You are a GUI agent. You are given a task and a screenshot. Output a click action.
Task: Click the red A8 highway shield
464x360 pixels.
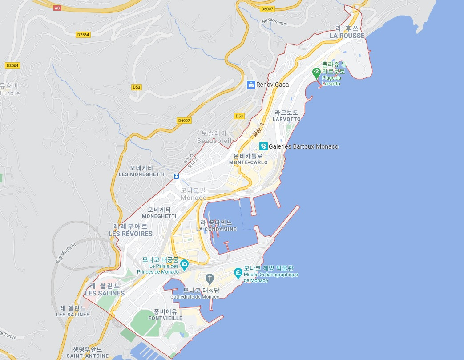click(x=56, y=8)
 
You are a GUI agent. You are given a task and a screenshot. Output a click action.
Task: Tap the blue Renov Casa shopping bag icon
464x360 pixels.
click(x=251, y=85)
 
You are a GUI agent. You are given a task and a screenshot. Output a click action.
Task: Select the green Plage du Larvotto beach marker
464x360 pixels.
click(x=316, y=71)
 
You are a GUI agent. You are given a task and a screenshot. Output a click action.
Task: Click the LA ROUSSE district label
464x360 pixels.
click(x=347, y=36)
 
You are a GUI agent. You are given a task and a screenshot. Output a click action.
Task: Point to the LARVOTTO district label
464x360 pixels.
click(x=287, y=119)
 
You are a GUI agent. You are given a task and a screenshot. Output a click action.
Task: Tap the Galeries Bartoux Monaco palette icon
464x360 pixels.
click(x=263, y=146)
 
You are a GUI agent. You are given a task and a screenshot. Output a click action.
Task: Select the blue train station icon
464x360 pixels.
click(x=177, y=176)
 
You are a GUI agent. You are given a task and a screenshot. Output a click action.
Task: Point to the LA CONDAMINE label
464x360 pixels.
click(x=216, y=229)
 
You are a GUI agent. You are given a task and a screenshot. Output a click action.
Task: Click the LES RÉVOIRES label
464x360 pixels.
click(x=130, y=233)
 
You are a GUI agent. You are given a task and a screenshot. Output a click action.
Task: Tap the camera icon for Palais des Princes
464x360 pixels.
click(x=184, y=263)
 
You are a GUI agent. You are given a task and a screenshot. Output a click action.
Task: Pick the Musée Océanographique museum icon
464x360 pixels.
click(x=238, y=271)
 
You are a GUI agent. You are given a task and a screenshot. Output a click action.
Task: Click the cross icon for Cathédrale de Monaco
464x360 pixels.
click(x=210, y=279)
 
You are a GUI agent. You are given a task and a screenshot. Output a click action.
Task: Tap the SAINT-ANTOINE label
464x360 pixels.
click(x=88, y=356)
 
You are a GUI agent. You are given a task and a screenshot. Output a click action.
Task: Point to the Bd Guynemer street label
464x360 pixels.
click(x=274, y=22)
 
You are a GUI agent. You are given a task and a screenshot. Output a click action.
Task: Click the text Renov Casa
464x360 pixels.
click(x=272, y=85)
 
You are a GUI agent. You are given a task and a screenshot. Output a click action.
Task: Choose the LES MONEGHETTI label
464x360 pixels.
click(x=141, y=174)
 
